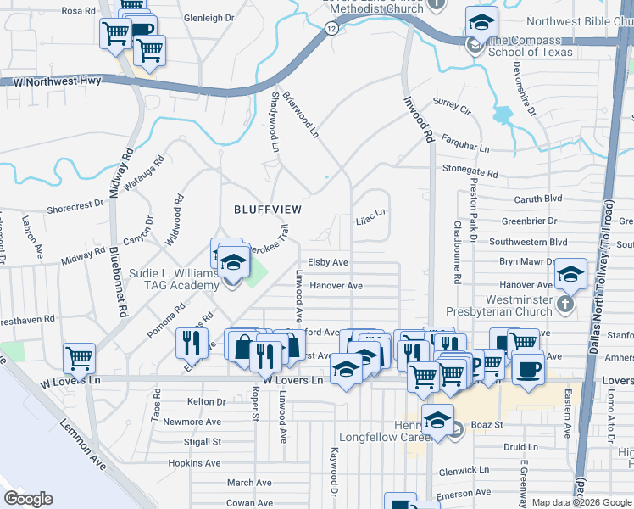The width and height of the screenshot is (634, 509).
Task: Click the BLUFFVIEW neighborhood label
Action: pyautogui.click(x=268, y=208)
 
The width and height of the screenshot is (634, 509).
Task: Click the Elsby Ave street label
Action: pyautogui.click(x=328, y=263)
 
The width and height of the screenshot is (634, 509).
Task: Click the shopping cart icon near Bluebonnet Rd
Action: pyautogui.click(x=79, y=357)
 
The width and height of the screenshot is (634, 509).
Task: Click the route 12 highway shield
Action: pyautogui.click(x=331, y=29)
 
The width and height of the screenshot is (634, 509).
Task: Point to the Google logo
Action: pyautogui.click(x=28, y=499)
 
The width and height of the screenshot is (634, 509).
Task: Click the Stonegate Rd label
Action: pyautogui.click(x=470, y=171)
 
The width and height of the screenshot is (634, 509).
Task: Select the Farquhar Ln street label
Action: pyautogui.click(x=465, y=148)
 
